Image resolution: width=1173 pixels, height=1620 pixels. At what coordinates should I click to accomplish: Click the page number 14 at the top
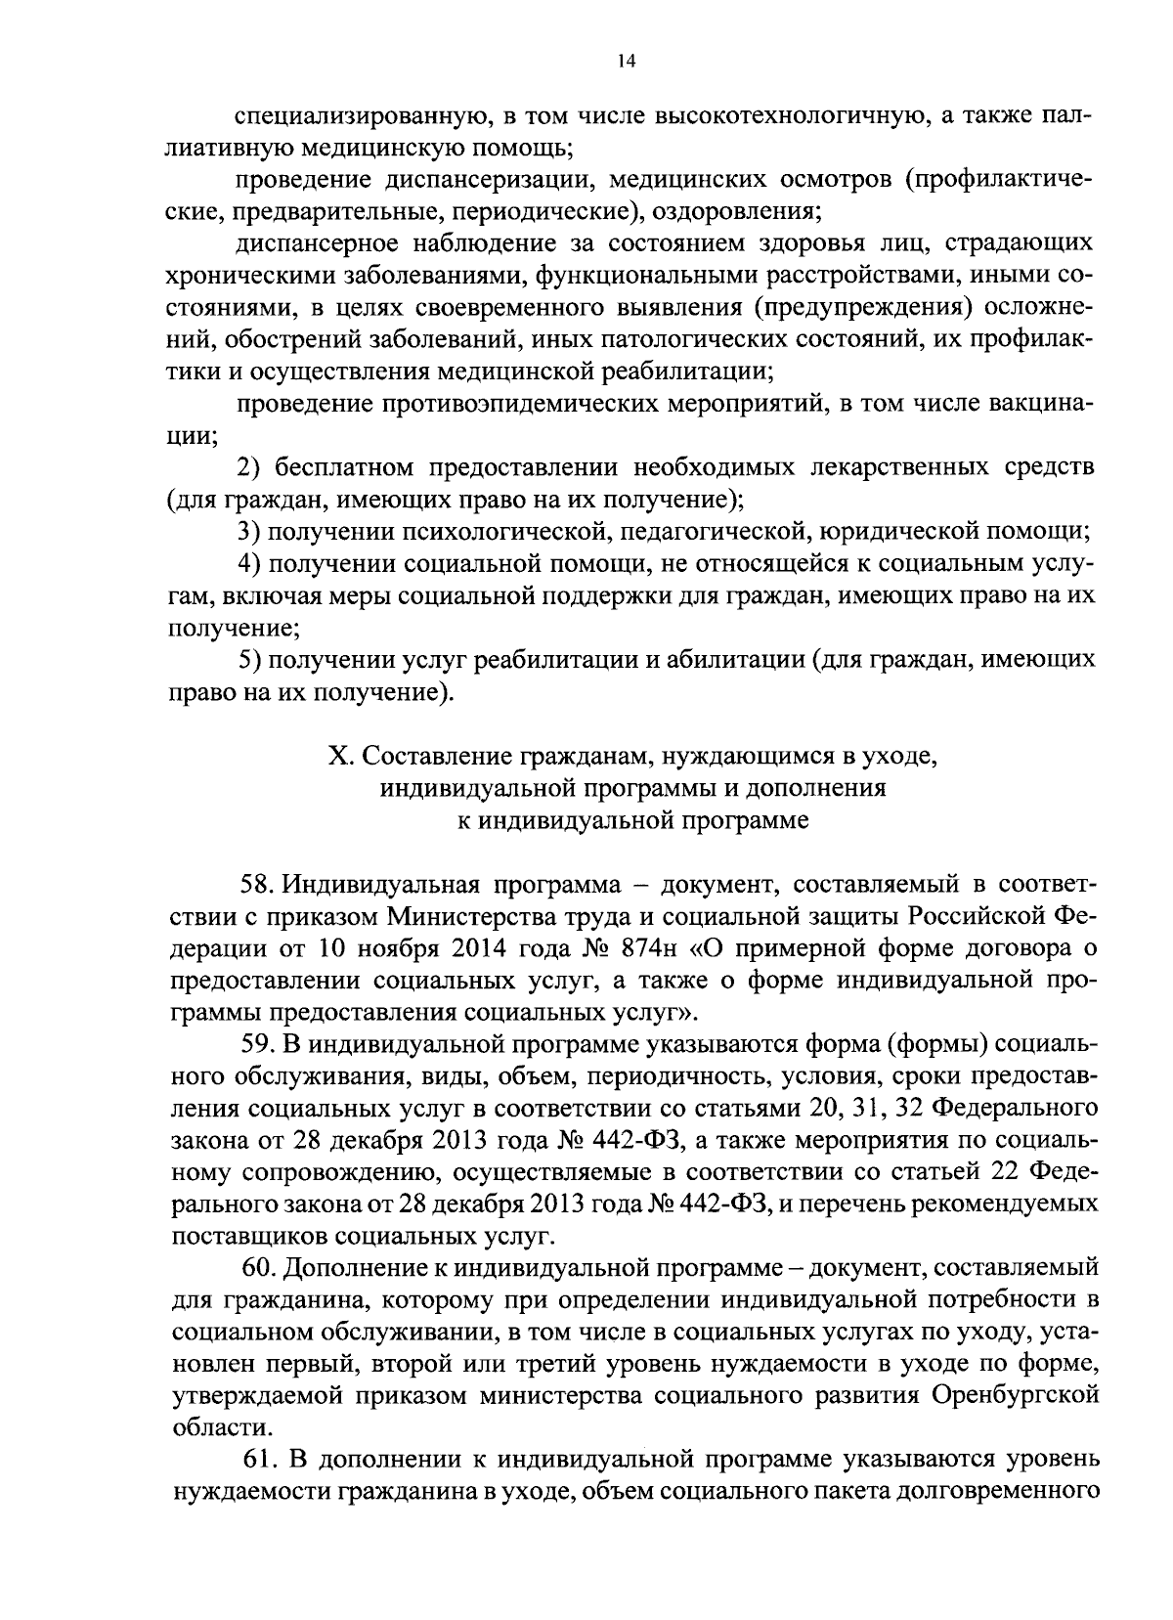tap(627, 61)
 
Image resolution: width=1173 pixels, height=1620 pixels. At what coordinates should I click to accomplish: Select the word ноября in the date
tap(369, 948)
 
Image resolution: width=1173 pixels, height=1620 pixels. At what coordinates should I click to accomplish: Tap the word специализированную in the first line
tap(361, 117)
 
